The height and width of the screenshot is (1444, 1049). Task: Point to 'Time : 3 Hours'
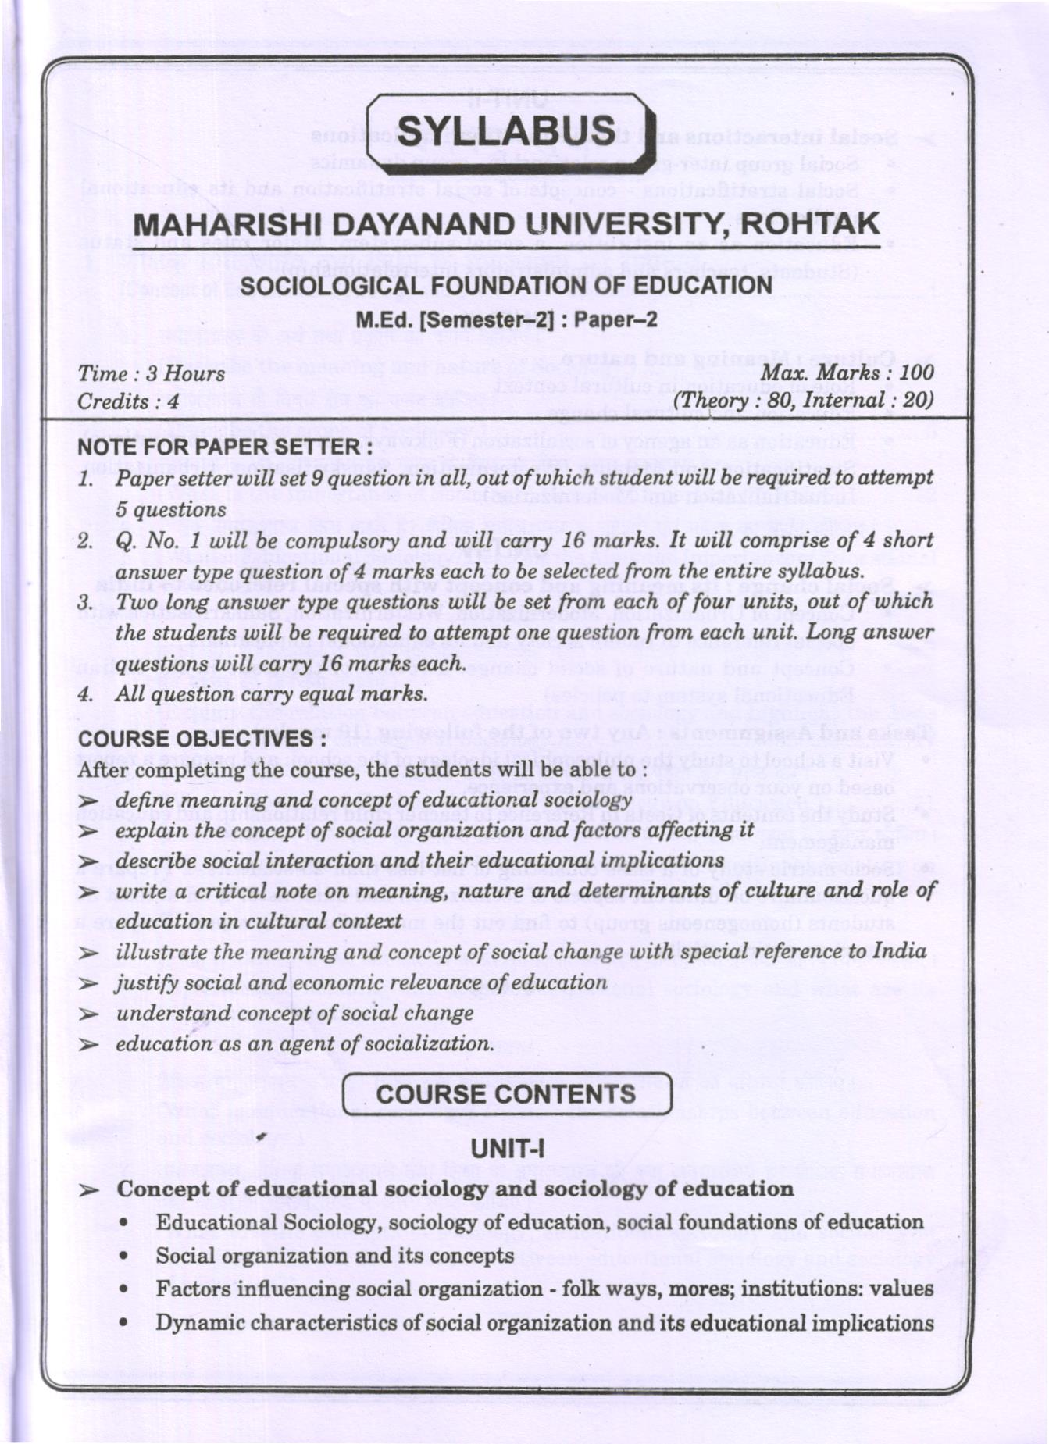point(151,373)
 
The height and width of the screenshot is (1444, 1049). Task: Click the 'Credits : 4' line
point(128,401)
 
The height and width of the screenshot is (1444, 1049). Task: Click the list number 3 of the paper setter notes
point(85,602)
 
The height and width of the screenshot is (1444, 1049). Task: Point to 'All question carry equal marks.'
point(272,693)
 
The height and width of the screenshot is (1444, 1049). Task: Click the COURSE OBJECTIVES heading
point(202,739)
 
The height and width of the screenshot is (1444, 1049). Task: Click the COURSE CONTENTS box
point(507,1094)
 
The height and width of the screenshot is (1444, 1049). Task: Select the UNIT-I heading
point(508,1149)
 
